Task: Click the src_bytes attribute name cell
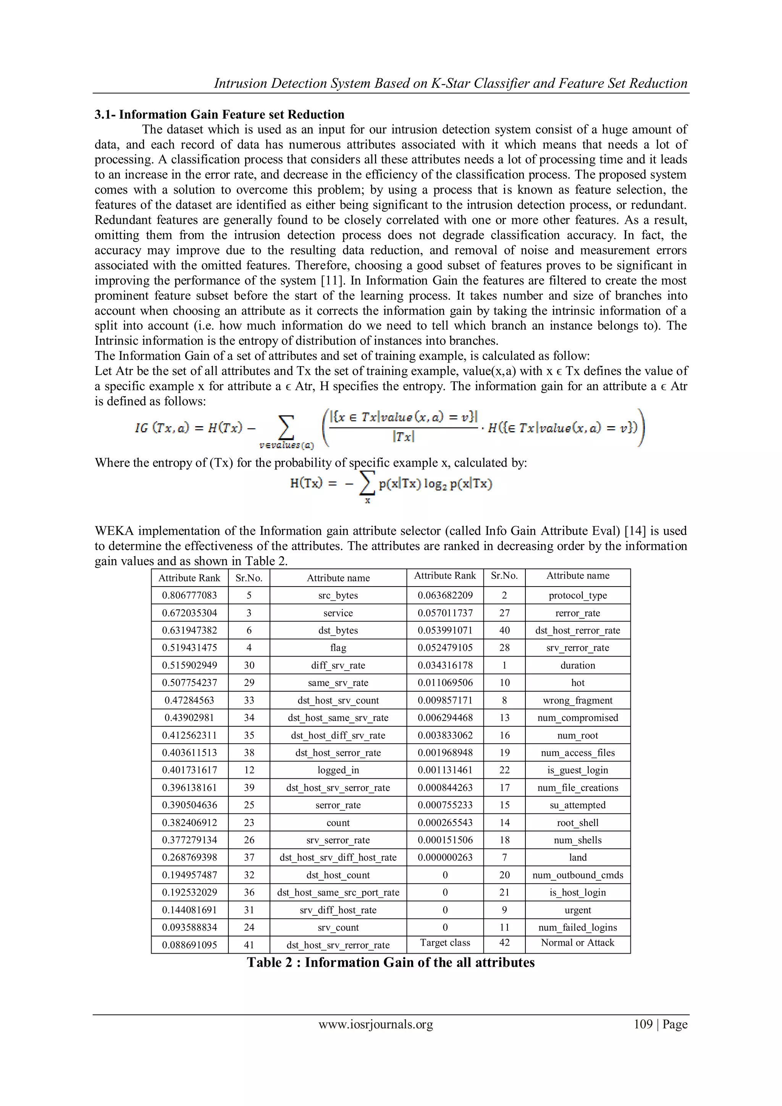coord(338,595)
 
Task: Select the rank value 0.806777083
coord(189,595)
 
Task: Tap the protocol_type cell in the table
coord(577,595)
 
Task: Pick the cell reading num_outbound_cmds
coord(577,875)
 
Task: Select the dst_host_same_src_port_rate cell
coord(338,893)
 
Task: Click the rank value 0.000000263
coord(445,857)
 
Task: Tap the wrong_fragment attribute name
coord(577,700)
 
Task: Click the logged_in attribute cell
coord(338,770)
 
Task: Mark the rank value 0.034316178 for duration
coord(445,665)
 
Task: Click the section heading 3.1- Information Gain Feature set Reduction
coord(220,115)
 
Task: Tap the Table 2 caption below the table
coord(391,962)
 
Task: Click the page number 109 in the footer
coord(643,1024)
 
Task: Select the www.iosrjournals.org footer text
coord(376,1024)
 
